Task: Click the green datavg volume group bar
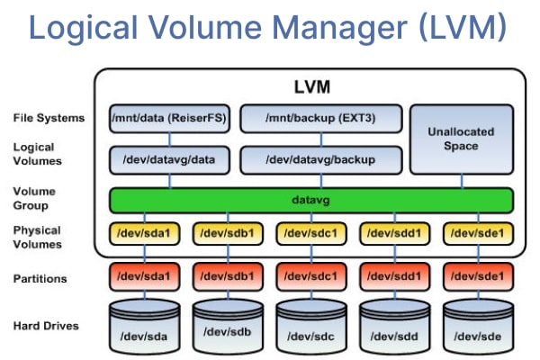click(x=310, y=199)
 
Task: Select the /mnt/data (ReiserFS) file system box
click(x=169, y=118)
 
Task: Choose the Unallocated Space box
click(x=461, y=139)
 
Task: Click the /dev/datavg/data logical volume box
click(x=169, y=159)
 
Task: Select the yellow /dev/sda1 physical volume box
click(x=140, y=233)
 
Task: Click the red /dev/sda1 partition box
click(x=140, y=271)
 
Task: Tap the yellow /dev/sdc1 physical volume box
click(x=308, y=233)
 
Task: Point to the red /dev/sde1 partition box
click(x=477, y=271)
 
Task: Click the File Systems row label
click(x=49, y=118)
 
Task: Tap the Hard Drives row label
click(x=45, y=325)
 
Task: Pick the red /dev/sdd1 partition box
click(x=393, y=271)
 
